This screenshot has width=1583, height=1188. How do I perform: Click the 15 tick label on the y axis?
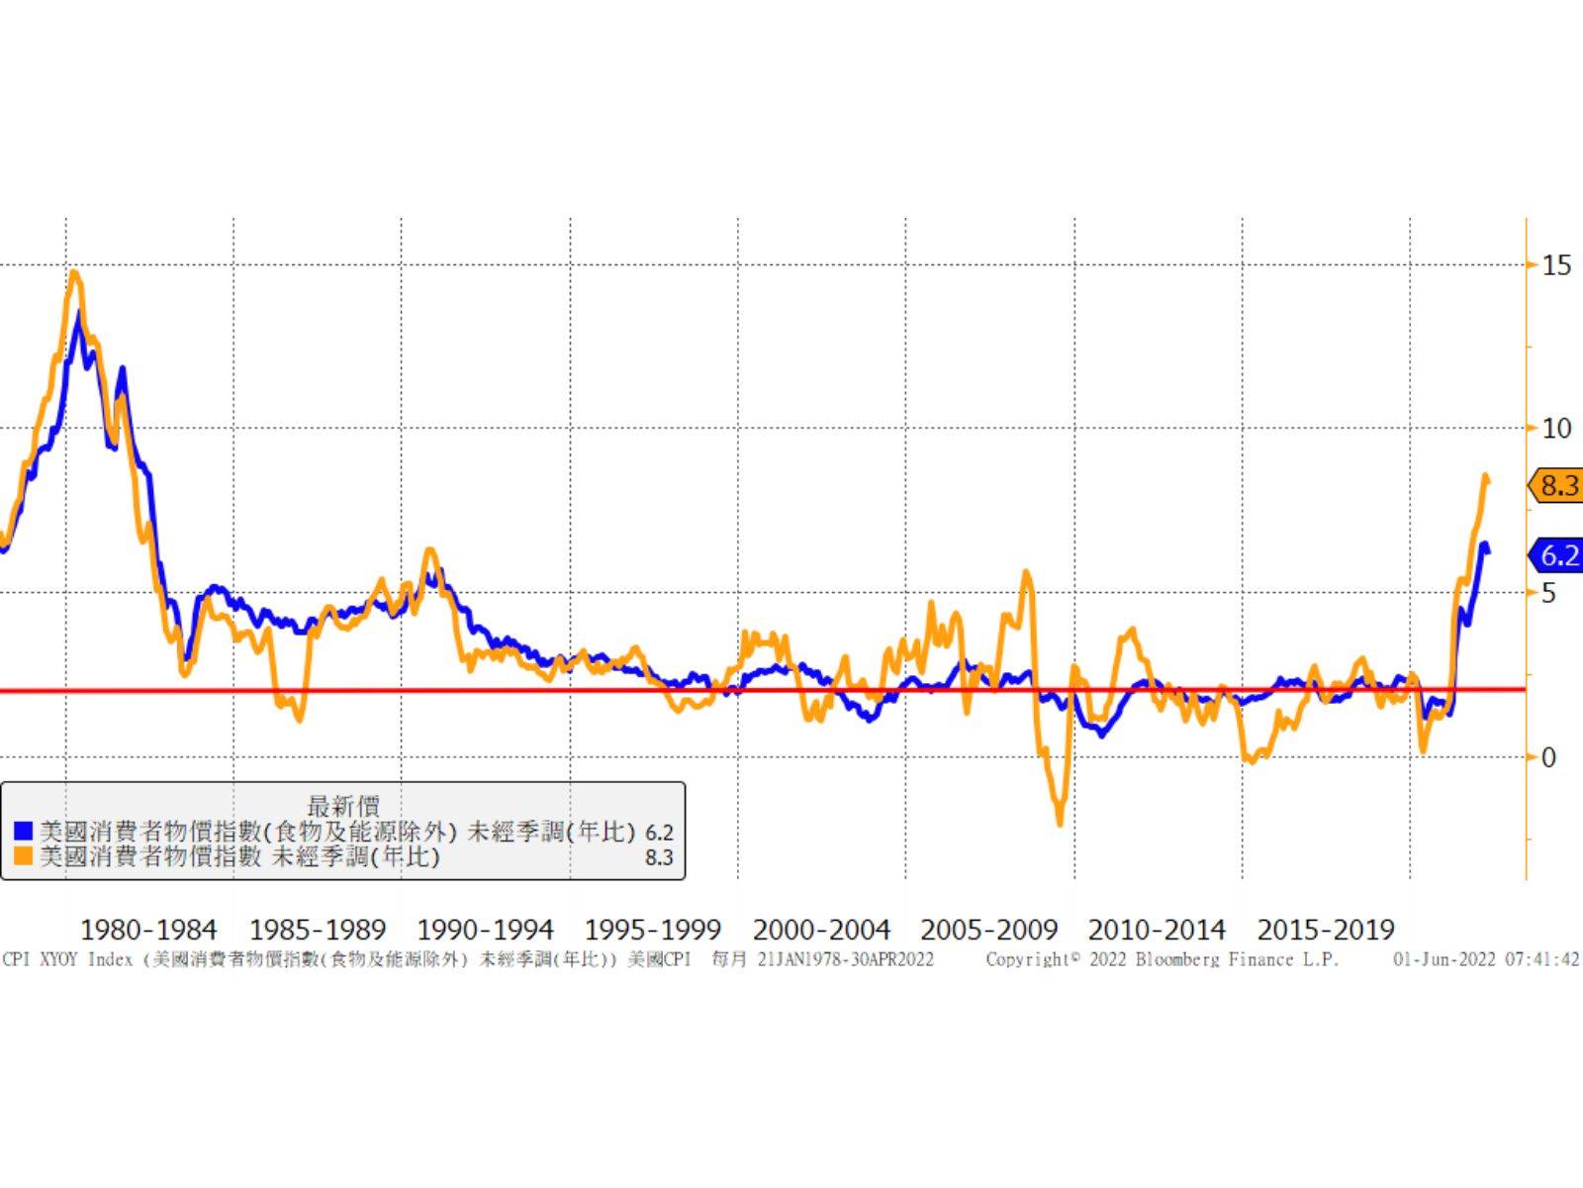(1556, 264)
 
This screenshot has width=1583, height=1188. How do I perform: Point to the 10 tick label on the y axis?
(1556, 429)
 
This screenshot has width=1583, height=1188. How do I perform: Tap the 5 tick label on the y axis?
(1549, 593)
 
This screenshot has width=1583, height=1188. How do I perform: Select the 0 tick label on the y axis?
(1549, 757)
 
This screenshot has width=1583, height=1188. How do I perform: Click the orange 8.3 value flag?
(1557, 485)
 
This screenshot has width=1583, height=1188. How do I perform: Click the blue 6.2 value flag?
(1557, 555)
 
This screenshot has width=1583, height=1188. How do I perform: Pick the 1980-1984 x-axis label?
(148, 931)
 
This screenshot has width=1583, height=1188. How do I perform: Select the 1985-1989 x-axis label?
(317, 931)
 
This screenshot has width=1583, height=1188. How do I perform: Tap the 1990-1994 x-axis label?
(485, 931)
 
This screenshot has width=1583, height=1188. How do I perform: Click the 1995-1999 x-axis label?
(653, 931)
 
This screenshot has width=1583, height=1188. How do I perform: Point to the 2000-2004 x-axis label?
(821, 931)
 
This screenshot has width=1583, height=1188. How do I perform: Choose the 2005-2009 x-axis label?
(989, 931)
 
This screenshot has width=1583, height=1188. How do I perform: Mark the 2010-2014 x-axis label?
(1157, 931)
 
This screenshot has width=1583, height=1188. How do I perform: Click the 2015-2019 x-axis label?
(1325, 931)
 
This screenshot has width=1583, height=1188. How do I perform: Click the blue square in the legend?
(24, 832)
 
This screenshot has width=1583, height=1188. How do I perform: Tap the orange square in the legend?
(24, 856)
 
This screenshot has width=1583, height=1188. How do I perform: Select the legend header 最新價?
(342, 807)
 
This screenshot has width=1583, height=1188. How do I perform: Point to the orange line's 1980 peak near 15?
(75, 273)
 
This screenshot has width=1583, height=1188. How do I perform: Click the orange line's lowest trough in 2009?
(1060, 822)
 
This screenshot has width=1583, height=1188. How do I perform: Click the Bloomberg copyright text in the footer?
(1162, 959)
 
